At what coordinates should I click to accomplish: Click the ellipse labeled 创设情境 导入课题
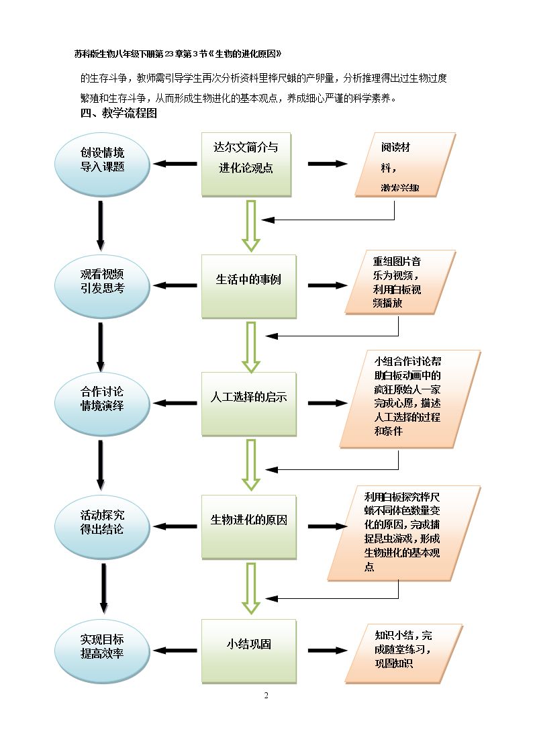[x=102, y=164]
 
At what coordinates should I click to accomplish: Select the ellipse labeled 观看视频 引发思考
[x=102, y=286]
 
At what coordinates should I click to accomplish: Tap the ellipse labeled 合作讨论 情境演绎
[x=102, y=404]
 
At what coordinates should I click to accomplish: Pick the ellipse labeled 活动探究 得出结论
[x=102, y=527]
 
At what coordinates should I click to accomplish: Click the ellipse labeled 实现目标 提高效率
[x=102, y=651]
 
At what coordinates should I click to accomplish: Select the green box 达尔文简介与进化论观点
[x=246, y=164]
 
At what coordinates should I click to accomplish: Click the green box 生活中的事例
[x=249, y=286]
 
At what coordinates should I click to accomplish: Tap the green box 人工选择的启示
[x=249, y=404]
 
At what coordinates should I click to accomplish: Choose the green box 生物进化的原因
[x=249, y=527]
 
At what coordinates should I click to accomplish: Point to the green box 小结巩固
[x=249, y=651]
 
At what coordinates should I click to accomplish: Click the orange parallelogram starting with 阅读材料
[x=405, y=165]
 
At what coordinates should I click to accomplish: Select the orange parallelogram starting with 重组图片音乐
[x=400, y=282]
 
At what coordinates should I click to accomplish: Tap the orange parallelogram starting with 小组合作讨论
[x=410, y=399]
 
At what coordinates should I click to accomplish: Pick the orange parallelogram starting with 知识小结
[x=403, y=653]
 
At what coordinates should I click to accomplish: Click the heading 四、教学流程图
[x=119, y=113]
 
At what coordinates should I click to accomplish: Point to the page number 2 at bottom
[x=266, y=696]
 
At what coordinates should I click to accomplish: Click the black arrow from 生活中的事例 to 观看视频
[x=175, y=285]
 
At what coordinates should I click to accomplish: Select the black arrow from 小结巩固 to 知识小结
[x=328, y=651]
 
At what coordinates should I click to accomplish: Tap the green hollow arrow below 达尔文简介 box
[x=251, y=226]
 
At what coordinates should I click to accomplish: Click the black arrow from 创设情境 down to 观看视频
[x=101, y=226]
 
